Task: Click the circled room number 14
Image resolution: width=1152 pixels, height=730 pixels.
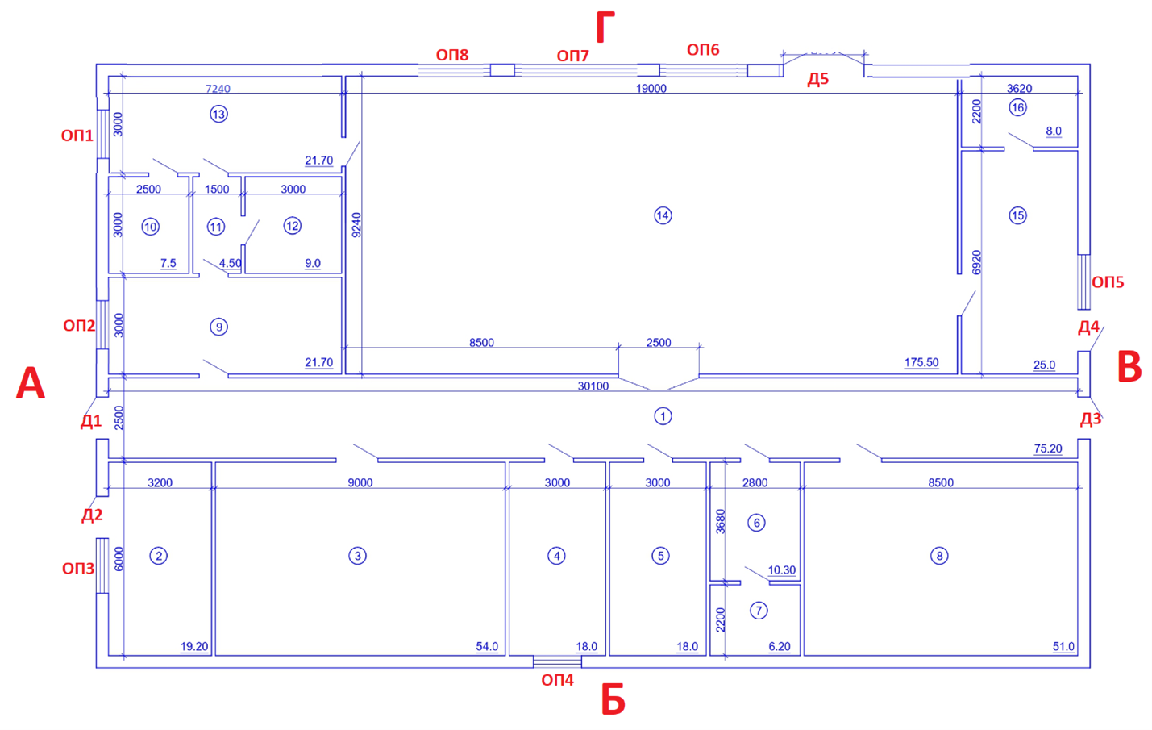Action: click(x=663, y=215)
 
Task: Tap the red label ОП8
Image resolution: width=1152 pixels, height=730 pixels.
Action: click(x=452, y=55)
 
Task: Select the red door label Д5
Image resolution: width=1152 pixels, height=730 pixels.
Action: click(x=817, y=79)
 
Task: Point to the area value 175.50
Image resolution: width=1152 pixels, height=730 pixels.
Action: click(x=921, y=362)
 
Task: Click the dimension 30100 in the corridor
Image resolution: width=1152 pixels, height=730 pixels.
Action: click(x=593, y=386)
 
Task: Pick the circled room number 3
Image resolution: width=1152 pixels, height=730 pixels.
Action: click(x=357, y=556)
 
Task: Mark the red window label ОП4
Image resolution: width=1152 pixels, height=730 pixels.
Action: click(x=557, y=680)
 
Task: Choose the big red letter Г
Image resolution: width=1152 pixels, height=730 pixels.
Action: click(x=605, y=27)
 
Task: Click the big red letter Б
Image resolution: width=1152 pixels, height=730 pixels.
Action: click(x=613, y=699)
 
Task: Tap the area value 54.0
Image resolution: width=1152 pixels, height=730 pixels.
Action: click(x=487, y=646)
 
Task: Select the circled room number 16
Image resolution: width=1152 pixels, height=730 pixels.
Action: click(x=1017, y=107)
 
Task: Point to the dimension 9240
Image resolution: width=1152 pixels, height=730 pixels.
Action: click(x=356, y=225)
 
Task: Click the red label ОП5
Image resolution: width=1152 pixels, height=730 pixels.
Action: click(x=1108, y=282)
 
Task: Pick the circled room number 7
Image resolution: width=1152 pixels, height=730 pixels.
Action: click(x=759, y=611)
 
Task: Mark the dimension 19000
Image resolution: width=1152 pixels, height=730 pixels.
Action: click(x=651, y=89)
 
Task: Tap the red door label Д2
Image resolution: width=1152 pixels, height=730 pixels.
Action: click(x=92, y=515)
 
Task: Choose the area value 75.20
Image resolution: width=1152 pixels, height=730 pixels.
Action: click(x=1047, y=448)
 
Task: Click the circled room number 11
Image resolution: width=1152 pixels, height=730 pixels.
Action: click(x=215, y=227)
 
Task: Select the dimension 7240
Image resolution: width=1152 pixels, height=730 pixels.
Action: click(x=218, y=89)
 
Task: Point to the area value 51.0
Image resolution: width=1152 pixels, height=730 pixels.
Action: click(x=1063, y=646)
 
